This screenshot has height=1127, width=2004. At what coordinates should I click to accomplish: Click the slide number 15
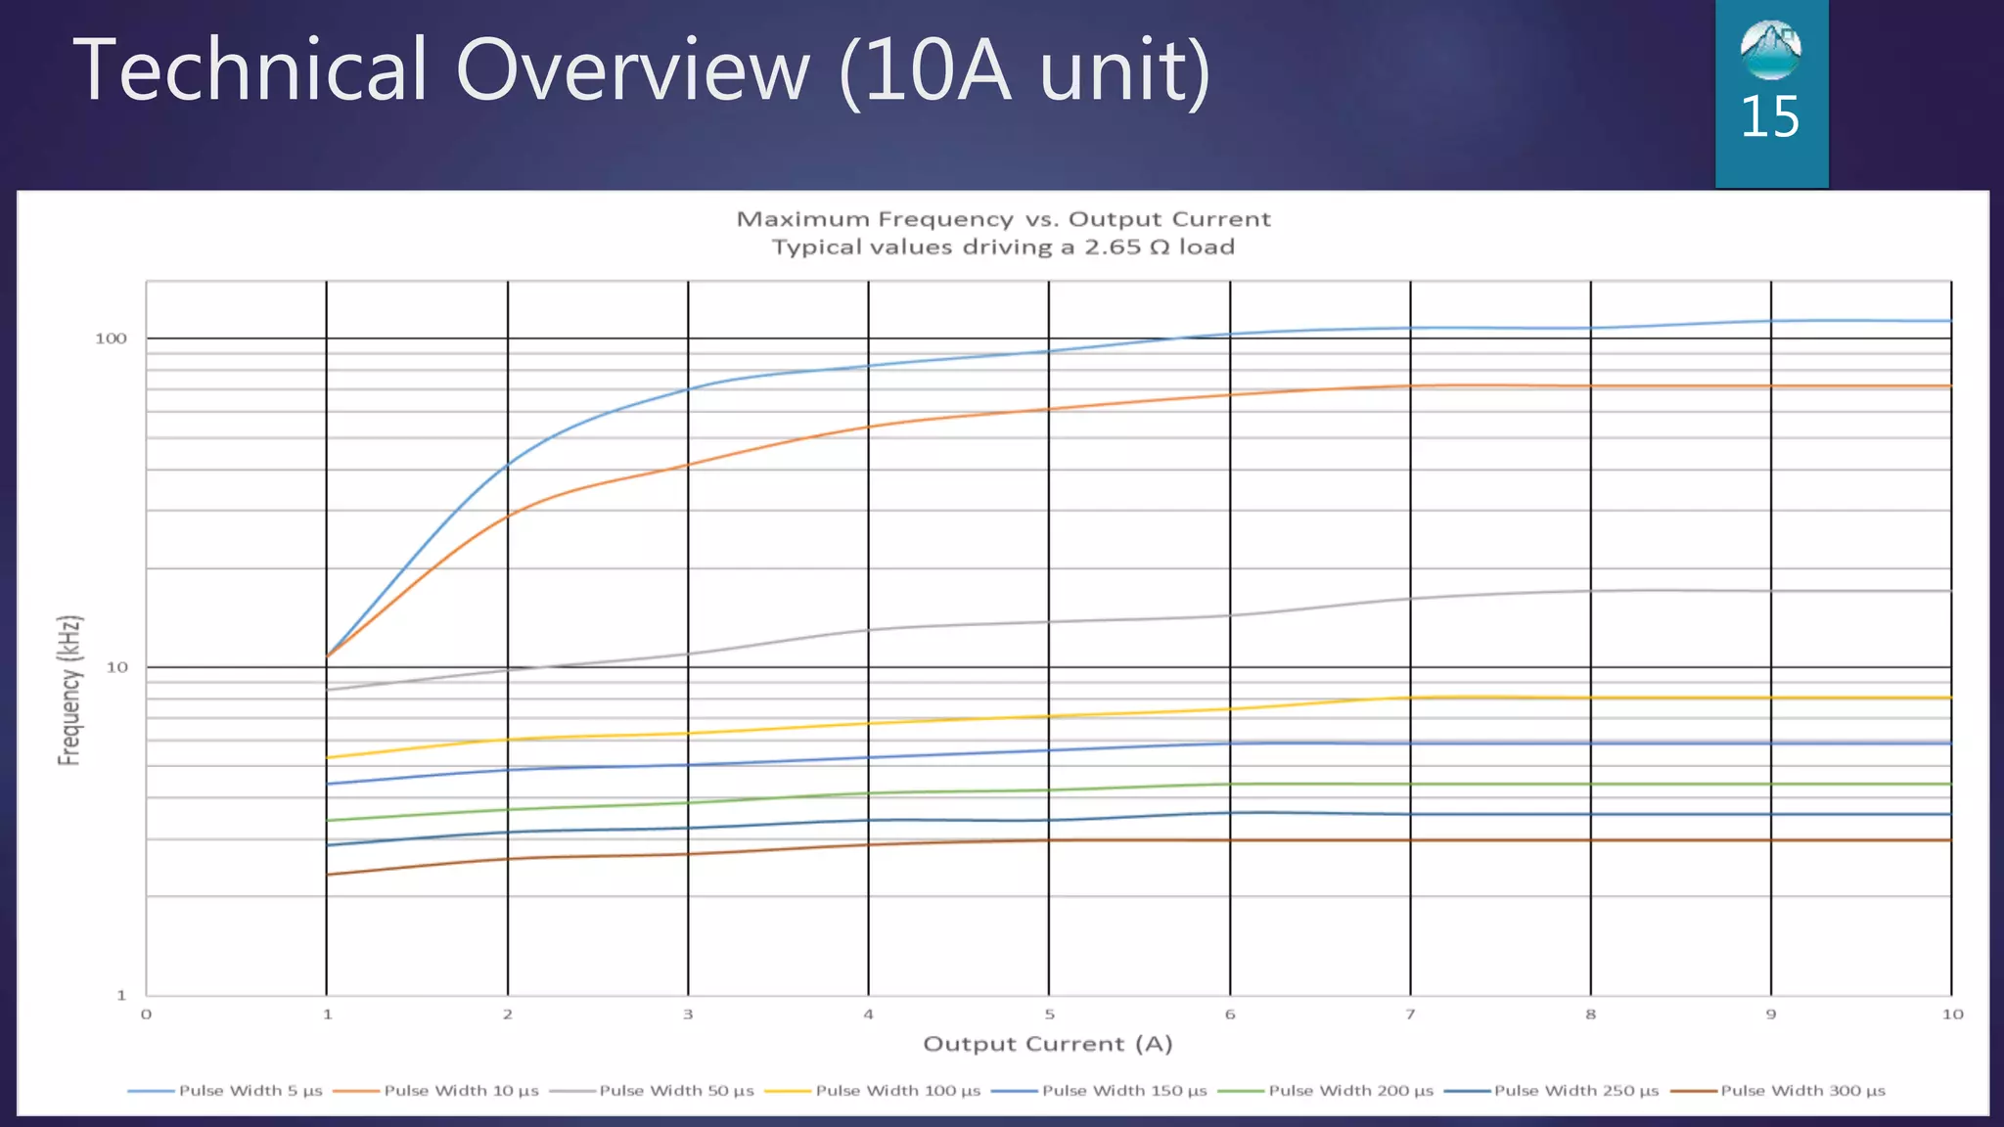(1769, 117)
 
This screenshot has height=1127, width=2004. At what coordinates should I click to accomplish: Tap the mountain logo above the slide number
(1770, 50)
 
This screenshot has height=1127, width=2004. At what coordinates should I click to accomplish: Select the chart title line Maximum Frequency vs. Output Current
(1003, 219)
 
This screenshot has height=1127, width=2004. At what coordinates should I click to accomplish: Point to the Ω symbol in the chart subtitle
(1160, 248)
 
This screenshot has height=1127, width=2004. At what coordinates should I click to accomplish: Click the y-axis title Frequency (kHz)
(69, 690)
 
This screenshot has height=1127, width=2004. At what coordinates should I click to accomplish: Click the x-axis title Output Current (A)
(1048, 1044)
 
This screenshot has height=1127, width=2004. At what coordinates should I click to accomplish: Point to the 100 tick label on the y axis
(111, 338)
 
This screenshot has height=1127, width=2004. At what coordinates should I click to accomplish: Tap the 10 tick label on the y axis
(116, 667)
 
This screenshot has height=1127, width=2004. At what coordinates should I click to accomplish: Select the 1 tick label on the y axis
(121, 995)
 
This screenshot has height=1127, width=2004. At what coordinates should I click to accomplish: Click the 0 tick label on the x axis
(146, 1014)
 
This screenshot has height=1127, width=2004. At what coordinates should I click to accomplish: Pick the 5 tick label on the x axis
(1049, 1014)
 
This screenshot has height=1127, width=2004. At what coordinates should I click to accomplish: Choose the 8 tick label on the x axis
(1590, 1014)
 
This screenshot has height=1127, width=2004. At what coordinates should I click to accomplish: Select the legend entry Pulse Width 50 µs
(676, 1091)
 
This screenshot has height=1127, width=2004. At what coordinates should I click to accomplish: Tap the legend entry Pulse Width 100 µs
(897, 1091)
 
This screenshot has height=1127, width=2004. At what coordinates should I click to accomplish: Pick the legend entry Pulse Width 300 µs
(1802, 1091)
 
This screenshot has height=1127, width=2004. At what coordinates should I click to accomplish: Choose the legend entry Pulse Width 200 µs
(1350, 1091)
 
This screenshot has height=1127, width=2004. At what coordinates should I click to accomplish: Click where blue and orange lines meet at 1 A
(327, 655)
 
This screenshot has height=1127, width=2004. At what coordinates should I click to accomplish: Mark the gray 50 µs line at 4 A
(868, 629)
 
